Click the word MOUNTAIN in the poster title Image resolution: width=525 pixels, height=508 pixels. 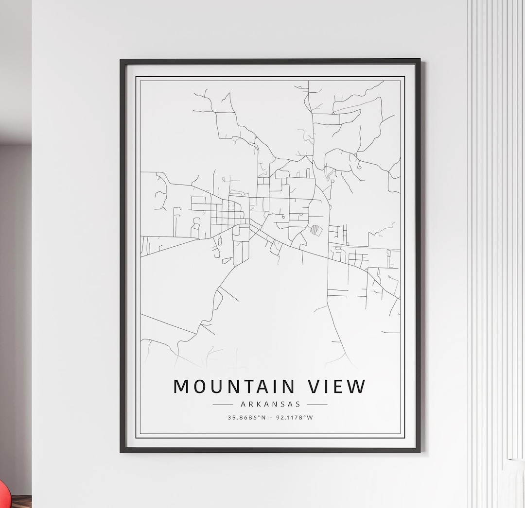(234, 387)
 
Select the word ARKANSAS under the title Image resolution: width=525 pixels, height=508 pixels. (270, 404)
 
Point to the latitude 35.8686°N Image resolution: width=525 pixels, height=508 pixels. (246, 417)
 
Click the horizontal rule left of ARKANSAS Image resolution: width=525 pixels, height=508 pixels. (223, 404)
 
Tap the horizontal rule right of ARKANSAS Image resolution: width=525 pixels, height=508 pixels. (317, 404)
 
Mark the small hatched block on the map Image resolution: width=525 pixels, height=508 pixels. (316, 230)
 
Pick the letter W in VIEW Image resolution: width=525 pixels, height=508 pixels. (358, 387)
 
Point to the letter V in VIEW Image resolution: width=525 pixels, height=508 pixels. (315, 387)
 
